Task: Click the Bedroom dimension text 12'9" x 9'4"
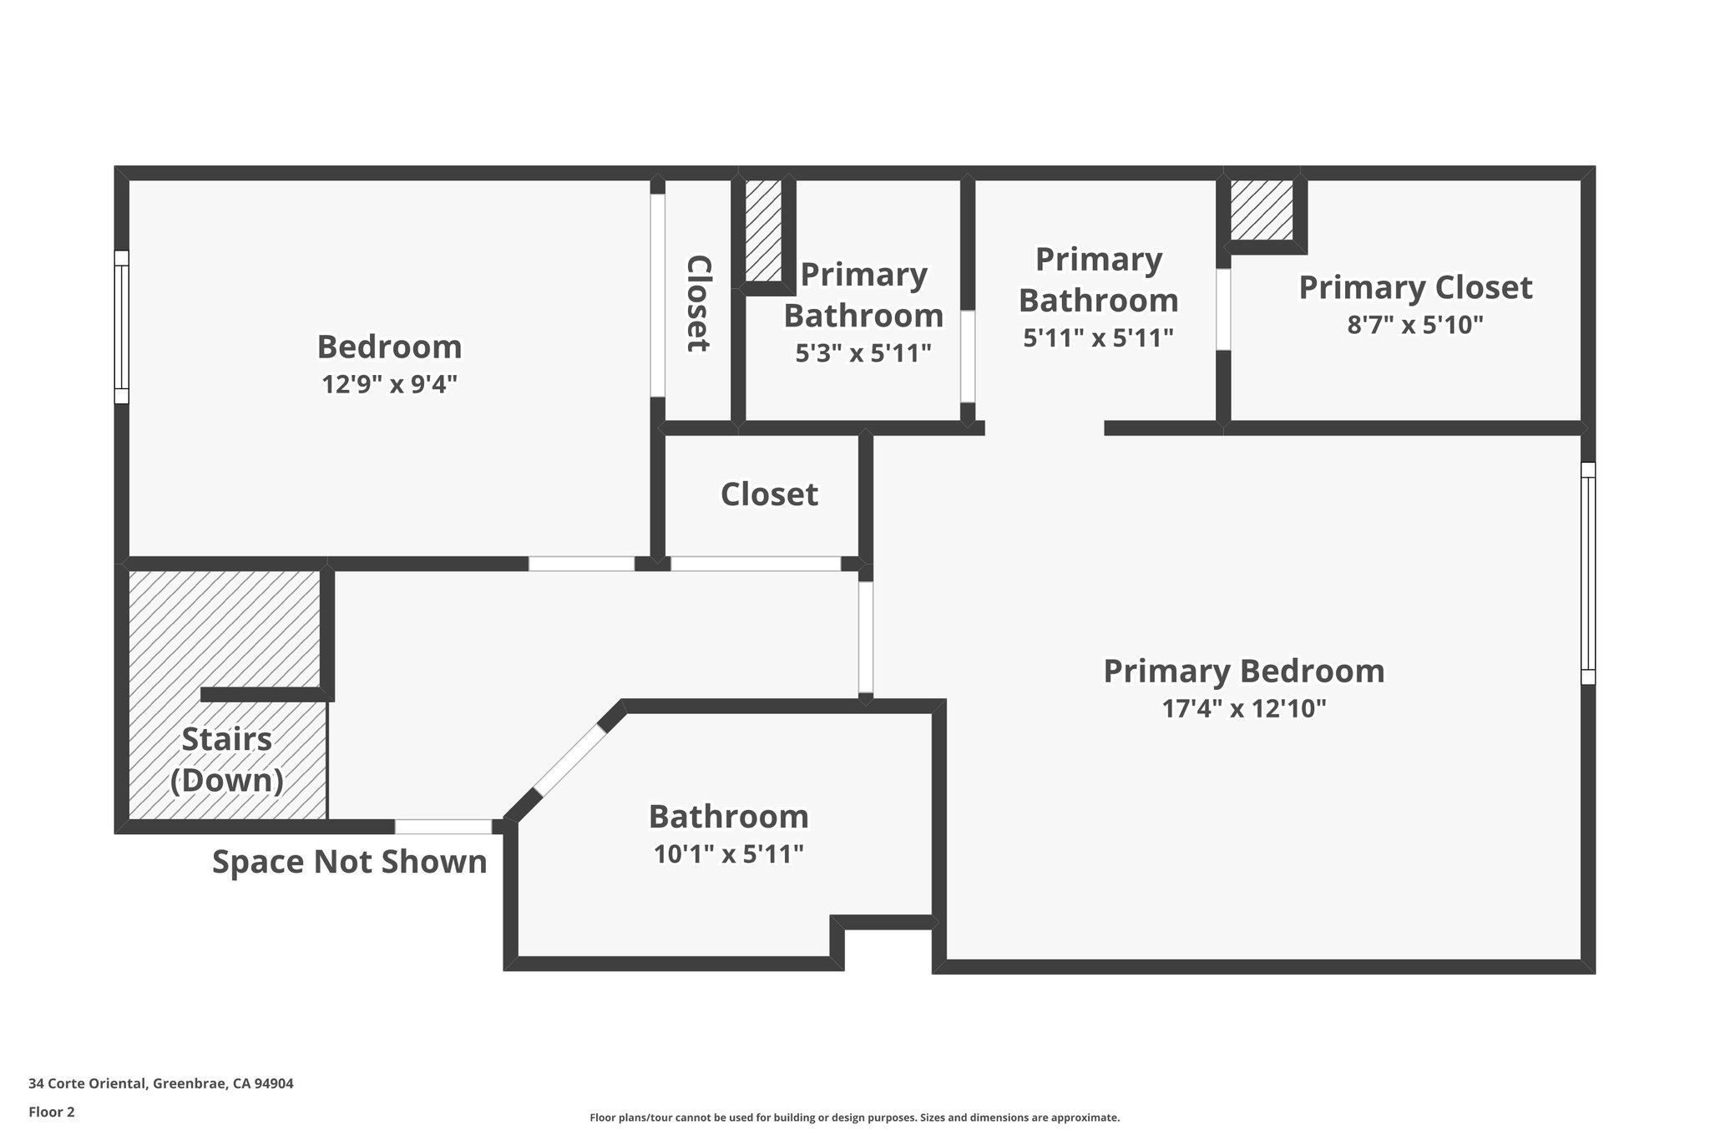tap(389, 384)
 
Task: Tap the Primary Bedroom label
tap(1243, 671)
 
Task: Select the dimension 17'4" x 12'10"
tap(1243, 709)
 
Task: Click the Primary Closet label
tap(1414, 287)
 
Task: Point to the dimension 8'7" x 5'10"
tap(1414, 324)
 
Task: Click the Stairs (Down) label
tap(226, 760)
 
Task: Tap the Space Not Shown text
tap(349, 862)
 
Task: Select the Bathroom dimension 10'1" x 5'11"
tap(728, 854)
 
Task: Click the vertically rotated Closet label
tap(698, 303)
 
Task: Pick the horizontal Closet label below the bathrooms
tap(769, 494)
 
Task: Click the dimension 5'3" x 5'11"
tap(863, 353)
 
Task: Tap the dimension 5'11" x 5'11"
tap(1098, 337)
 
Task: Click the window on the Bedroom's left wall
tap(122, 327)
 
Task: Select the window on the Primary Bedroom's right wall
tap(1587, 573)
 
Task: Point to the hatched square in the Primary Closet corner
tap(1261, 209)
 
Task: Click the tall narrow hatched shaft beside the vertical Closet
tap(763, 231)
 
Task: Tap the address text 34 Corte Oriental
tap(160, 1084)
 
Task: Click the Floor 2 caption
tap(52, 1112)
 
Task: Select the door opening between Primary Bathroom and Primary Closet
tap(1222, 309)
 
